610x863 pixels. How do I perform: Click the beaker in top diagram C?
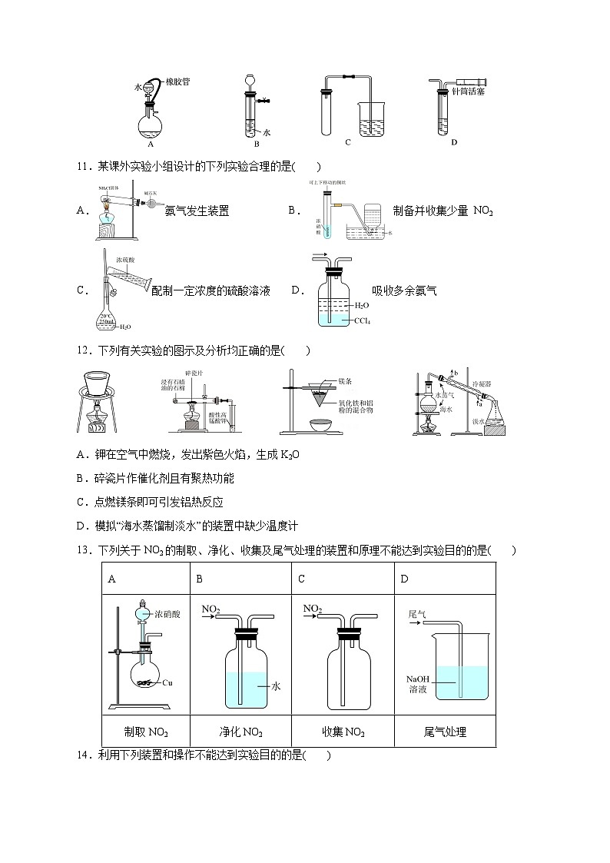point(373,121)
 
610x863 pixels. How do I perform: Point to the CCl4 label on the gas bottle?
point(361,321)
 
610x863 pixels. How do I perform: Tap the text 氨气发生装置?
point(197,211)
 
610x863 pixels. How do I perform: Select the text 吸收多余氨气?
point(404,290)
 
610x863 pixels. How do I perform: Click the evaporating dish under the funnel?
point(324,423)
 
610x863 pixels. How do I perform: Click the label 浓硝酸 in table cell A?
point(167,614)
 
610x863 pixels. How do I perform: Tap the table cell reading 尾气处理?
point(445,732)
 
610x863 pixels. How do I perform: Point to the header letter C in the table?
point(301,579)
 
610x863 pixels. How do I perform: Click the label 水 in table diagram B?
point(277,686)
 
